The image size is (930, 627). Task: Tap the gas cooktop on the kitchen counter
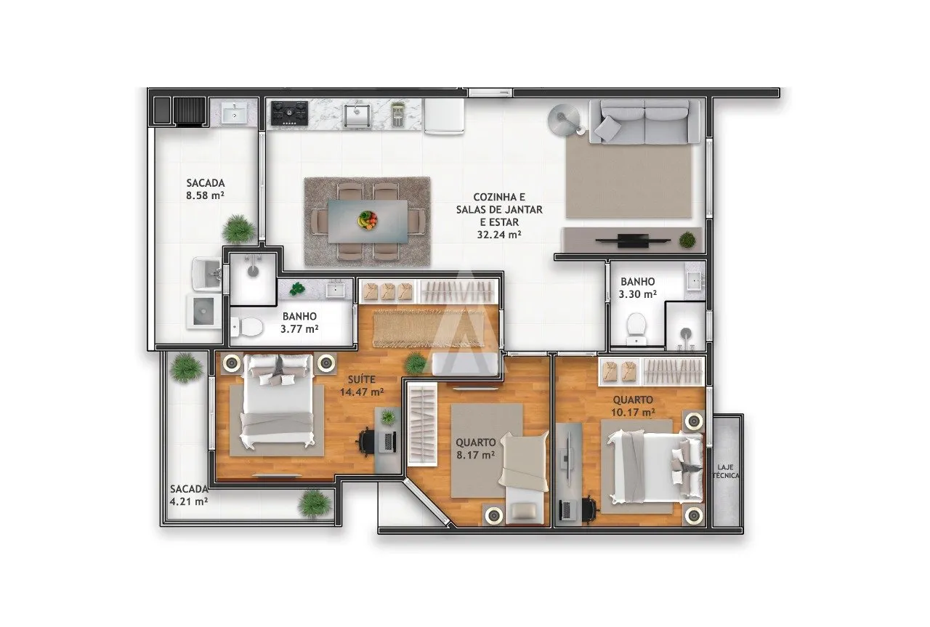click(289, 113)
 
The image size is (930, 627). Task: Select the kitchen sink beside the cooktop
click(357, 114)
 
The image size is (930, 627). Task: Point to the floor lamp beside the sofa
click(563, 116)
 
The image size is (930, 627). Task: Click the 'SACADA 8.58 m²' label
click(205, 189)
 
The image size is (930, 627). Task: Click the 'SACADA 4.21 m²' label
click(189, 495)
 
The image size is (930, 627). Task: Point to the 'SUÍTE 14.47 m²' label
click(361, 385)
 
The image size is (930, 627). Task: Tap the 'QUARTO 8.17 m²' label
click(475, 448)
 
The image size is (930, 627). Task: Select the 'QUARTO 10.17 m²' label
click(632, 405)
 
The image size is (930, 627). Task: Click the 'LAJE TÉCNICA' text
click(726, 471)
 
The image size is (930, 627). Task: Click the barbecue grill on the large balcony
click(190, 111)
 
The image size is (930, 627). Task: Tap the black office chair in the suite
click(368, 440)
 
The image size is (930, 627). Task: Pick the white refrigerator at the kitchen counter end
click(444, 116)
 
